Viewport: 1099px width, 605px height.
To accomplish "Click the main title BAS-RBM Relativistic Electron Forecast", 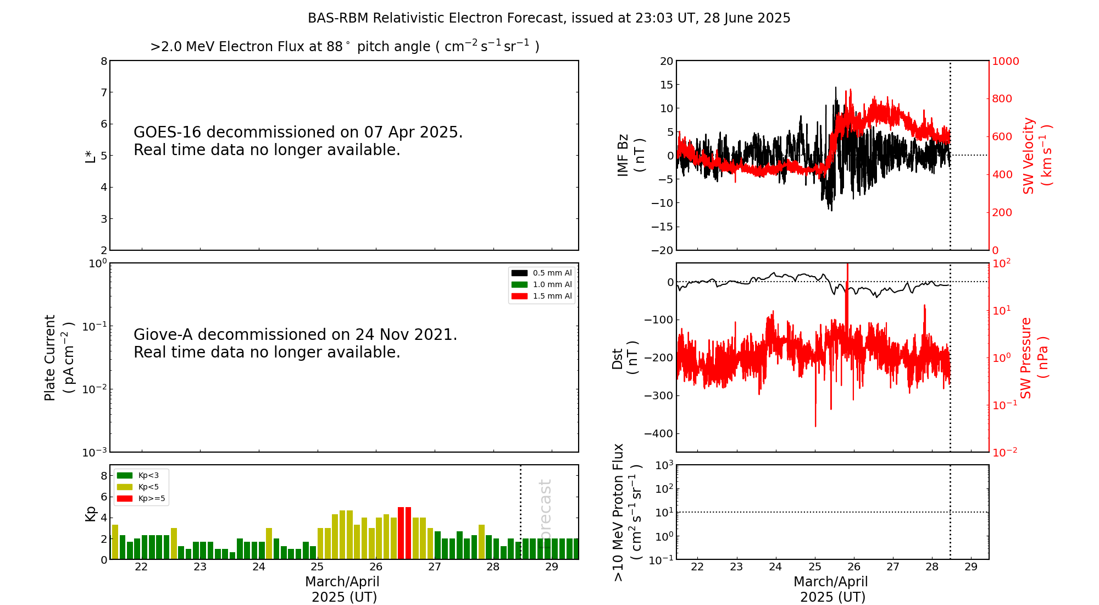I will (548, 18).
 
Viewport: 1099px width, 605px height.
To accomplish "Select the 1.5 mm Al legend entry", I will (552, 296).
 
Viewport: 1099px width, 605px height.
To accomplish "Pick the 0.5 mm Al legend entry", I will (552, 273).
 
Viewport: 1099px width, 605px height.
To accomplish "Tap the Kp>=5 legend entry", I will (151, 499).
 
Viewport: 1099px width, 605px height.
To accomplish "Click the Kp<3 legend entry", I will (148, 475).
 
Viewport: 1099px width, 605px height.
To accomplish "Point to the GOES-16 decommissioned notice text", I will (298, 141).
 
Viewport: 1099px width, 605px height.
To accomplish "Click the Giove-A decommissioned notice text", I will (295, 343).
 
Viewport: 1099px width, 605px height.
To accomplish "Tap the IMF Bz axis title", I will (631, 155).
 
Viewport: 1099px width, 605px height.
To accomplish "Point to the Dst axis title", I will (625, 358).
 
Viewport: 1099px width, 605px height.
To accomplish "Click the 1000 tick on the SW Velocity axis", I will (1005, 61).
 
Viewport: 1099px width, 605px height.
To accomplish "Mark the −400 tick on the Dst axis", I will (658, 433).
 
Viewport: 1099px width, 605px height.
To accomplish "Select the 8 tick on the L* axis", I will (104, 61).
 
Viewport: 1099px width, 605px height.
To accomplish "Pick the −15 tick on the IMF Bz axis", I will (662, 227).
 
